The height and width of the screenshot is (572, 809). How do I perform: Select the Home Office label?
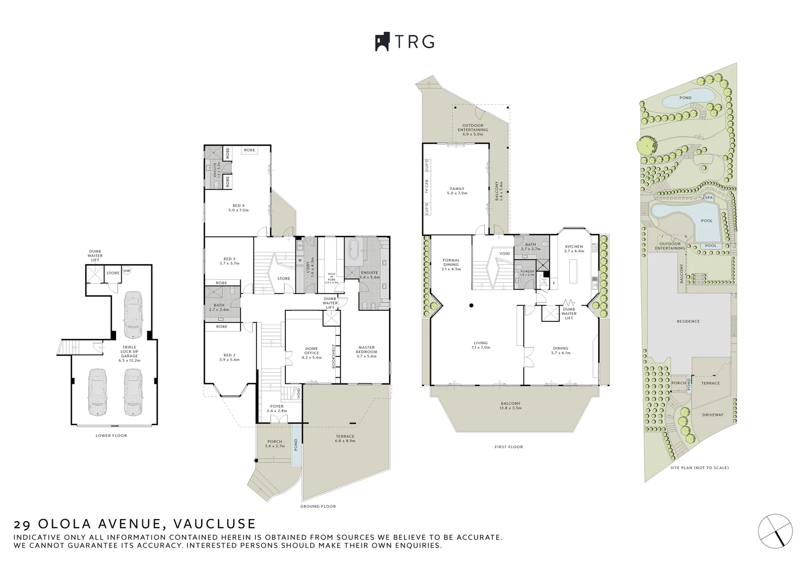coord(311,351)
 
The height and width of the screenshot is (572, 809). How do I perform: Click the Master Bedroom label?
coord(366,351)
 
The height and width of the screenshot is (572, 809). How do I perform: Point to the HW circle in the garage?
coord(127,271)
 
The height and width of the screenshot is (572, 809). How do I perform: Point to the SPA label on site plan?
coord(709,198)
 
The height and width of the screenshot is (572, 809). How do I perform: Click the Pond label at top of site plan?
coord(685,98)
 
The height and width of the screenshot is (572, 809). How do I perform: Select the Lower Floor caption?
coord(111,435)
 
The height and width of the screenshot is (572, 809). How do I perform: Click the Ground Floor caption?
coord(318,506)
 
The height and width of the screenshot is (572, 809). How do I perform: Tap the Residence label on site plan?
coord(688,321)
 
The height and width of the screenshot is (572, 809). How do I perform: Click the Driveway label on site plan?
coord(712,415)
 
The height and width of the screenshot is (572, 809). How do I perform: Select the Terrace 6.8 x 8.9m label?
coord(345,439)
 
